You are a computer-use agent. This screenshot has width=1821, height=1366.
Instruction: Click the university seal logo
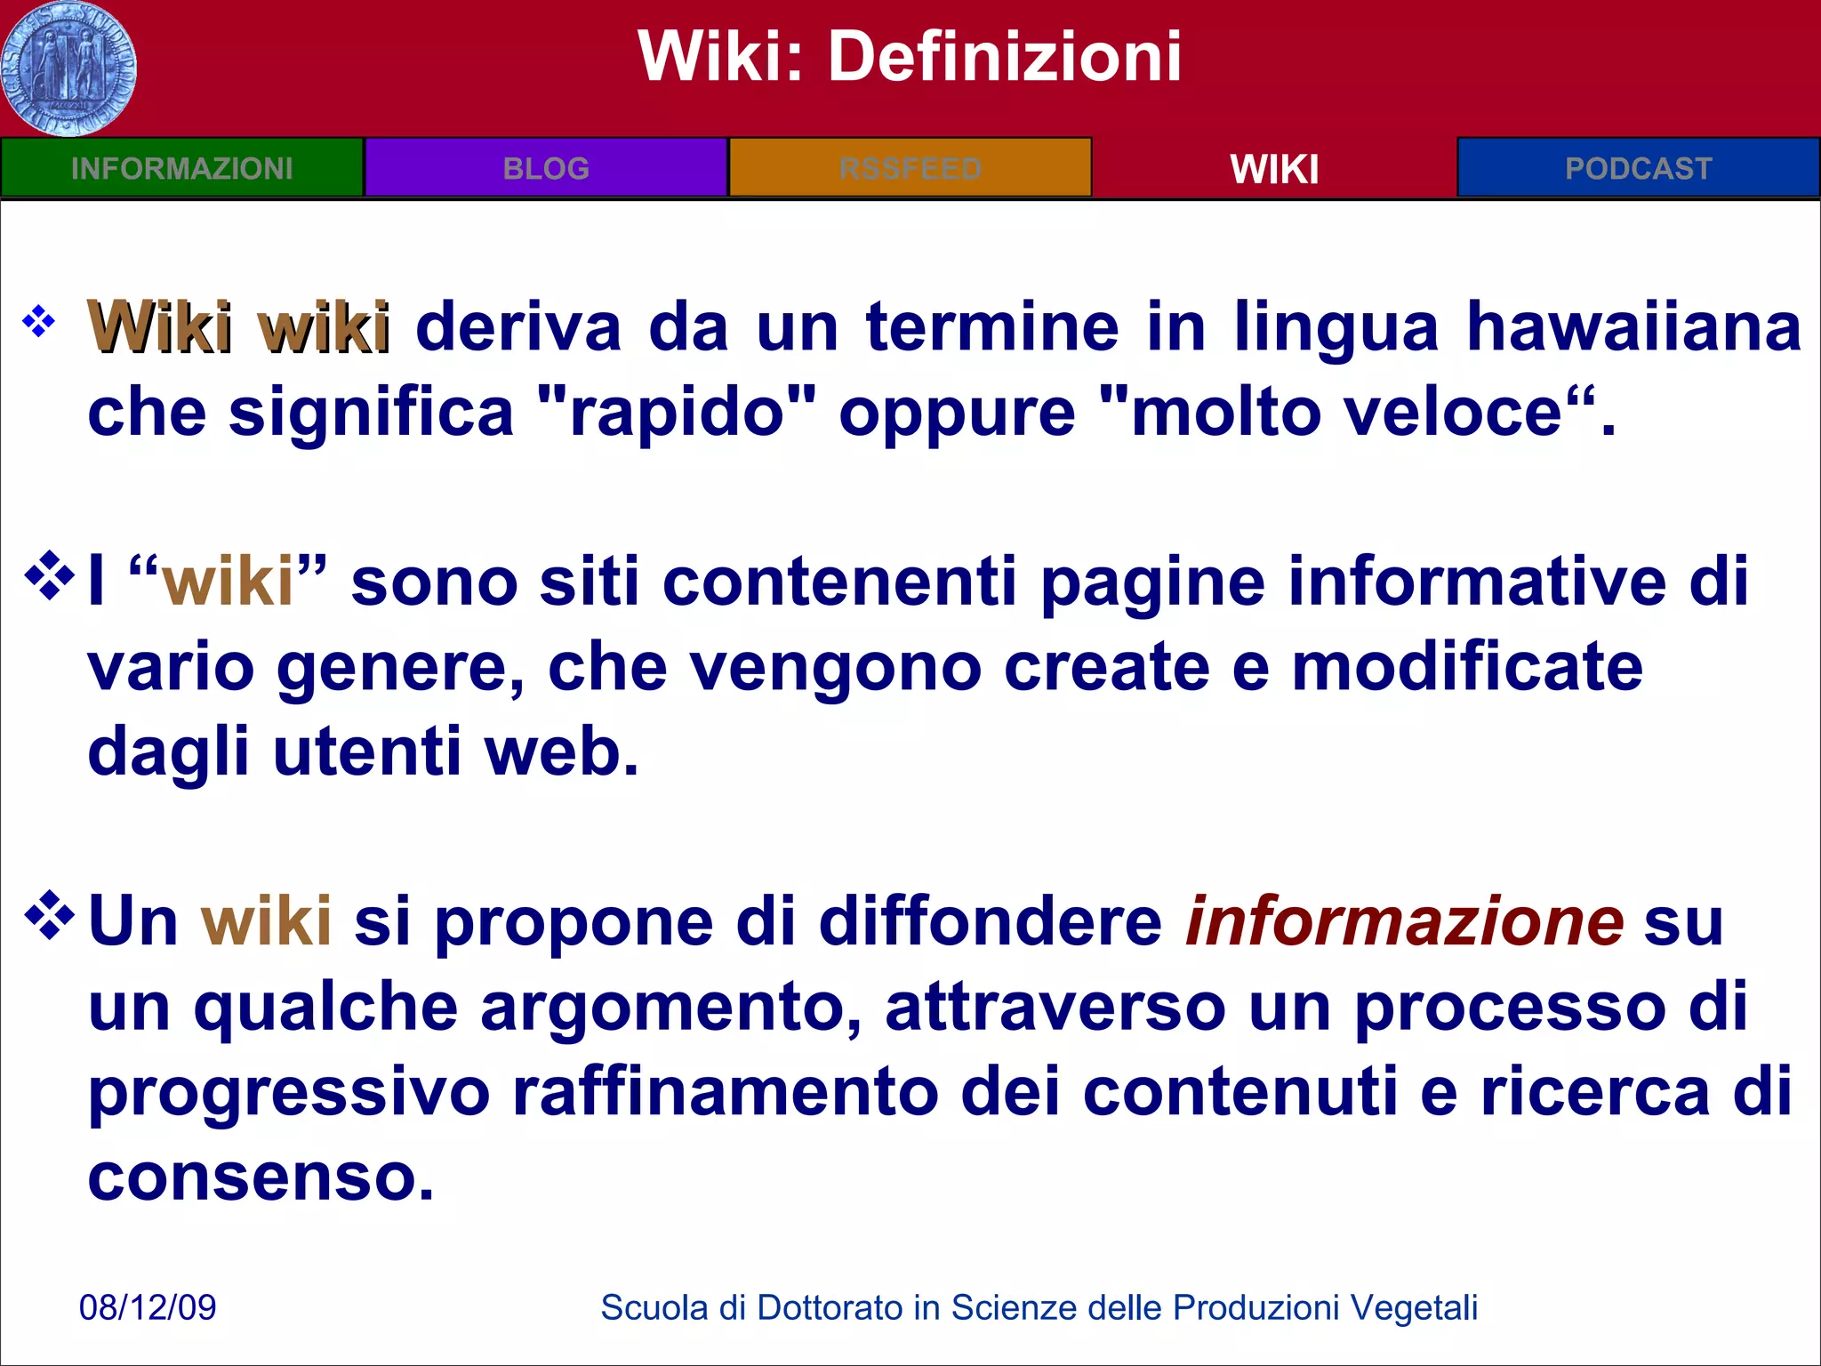(x=68, y=68)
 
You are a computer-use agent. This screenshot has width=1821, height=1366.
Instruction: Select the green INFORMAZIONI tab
(x=181, y=168)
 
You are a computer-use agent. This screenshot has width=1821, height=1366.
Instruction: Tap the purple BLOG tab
(x=546, y=168)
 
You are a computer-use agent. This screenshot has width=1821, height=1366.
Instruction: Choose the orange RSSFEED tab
(x=910, y=168)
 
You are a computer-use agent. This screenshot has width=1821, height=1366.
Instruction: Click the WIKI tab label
(x=1274, y=169)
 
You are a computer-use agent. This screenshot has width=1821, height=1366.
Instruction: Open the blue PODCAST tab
(x=1638, y=168)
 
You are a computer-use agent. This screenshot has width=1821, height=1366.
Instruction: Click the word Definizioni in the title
(x=1005, y=57)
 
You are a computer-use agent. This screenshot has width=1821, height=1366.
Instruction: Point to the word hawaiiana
(x=1633, y=327)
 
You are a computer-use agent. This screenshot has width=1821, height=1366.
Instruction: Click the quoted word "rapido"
(x=677, y=413)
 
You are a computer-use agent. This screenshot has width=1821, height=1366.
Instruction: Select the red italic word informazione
(x=1405, y=921)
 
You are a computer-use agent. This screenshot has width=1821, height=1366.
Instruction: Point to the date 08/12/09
(x=148, y=1307)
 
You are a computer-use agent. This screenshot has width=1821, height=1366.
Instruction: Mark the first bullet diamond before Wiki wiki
(x=39, y=321)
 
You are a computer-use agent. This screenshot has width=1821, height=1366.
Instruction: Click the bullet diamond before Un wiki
(x=50, y=915)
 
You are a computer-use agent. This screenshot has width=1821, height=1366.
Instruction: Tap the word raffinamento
(x=725, y=1092)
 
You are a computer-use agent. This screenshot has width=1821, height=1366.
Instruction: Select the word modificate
(x=1467, y=667)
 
